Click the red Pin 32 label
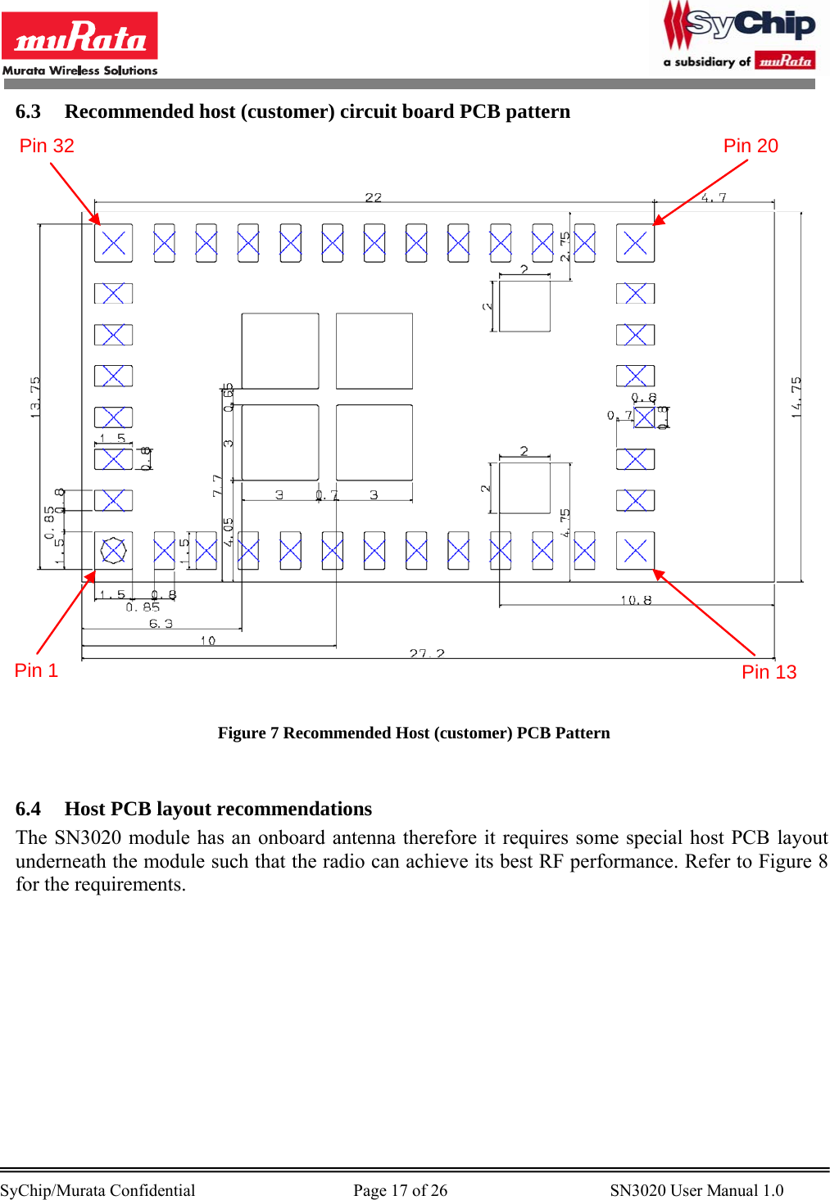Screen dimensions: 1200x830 (x=47, y=146)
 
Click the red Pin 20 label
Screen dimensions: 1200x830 (x=751, y=146)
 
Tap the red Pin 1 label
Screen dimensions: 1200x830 (x=36, y=670)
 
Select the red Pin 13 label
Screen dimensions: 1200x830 (x=769, y=672)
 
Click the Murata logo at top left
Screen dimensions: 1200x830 (x=79, y=43)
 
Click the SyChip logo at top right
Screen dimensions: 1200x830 (x=740, y=37)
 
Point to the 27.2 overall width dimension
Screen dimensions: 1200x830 (x=427, y=653)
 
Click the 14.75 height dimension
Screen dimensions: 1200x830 (x=796, y=397)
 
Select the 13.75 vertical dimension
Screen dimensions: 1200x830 (x=35, y=397)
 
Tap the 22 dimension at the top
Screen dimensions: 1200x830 (x=374, y=197)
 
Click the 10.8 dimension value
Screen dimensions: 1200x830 (x=636, y=600)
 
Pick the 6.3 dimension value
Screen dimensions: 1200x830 (x=161, y=624)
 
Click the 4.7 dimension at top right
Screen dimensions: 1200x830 (x=714, y=197)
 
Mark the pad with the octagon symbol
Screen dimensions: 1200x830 (x=113, y=550)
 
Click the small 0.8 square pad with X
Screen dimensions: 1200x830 (x=644, y=417)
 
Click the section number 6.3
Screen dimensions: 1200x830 (x=28, y=111)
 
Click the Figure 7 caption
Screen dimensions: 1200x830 (x=414, y=733)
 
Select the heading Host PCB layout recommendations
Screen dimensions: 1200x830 (x=218, y=809)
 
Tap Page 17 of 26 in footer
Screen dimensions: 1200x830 (x=400, y=1190)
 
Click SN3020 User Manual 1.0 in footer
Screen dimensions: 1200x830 (x=696, y=1190)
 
